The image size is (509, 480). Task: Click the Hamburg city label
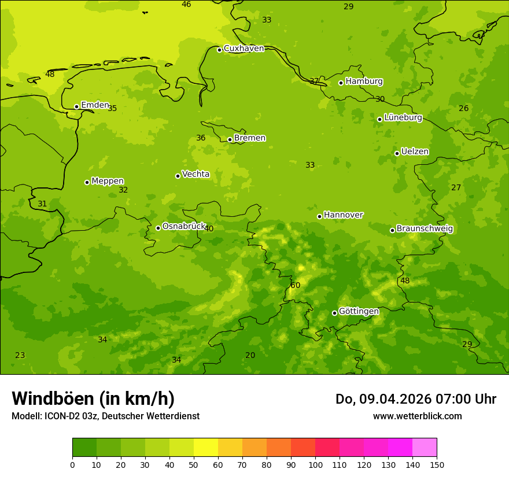tap(364, 82)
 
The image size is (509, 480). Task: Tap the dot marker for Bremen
tap(230, 139)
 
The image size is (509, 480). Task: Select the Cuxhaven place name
tap(244, 49)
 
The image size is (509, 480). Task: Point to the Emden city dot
tap(76, 106)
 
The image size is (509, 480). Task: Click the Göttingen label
tap(359, 312)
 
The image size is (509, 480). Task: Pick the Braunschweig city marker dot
tap(392, 230)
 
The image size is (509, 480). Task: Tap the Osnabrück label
tap(184, 227)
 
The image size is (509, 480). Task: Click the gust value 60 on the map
tap(296, 285)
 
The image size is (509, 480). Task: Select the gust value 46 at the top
tap(186, 5)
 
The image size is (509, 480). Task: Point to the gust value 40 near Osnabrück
tap(209, 229)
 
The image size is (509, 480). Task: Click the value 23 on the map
tap(20, 355)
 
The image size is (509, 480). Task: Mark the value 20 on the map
tap(250, 355)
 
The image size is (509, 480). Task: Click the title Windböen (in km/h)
tap(93, 399)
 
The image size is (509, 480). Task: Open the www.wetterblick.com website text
tap(417, 416)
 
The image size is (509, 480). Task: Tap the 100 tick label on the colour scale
tap(315, 465)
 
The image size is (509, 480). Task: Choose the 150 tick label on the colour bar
tap(437, 465)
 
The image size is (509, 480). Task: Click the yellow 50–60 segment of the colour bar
tap(206, 448)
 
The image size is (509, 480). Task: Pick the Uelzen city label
tap(415, 152)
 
